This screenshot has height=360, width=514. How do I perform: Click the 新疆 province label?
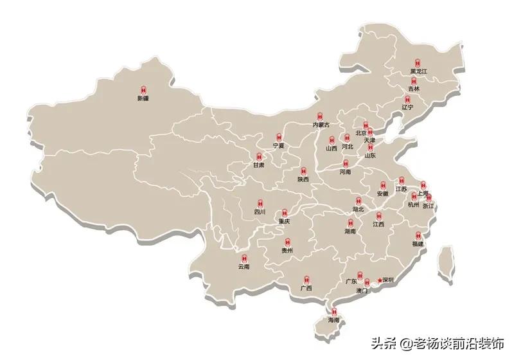[x=143, y=99]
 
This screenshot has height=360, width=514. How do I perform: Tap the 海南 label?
[x=333, y=319]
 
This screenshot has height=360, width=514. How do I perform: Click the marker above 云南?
[x=244, y=256]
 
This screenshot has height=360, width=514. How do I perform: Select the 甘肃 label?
[x=258, y=165]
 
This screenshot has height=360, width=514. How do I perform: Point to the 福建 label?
[x=418, y=244]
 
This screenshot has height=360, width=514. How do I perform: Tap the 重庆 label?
[x=284, y=221]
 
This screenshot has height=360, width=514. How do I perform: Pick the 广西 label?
[x=306, y=289]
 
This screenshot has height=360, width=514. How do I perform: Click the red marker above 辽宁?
[x=408, y=98]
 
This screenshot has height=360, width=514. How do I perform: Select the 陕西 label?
[x=303, y=180]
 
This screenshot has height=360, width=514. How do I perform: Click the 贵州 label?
[x=287, y=251]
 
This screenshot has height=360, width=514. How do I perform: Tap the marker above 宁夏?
[x=278, y=137]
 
